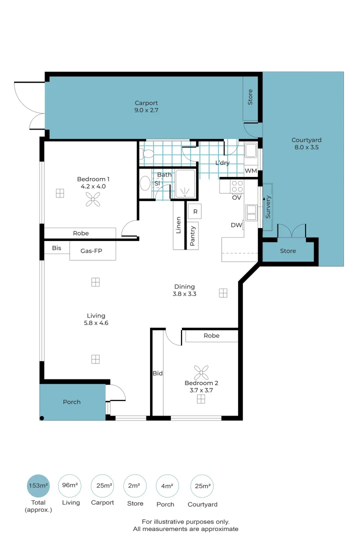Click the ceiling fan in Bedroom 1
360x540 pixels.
(92, 201)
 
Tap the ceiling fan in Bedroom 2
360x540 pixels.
(201, 372)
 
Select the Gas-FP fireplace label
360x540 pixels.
(92, 251)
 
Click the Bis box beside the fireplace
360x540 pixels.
(56, 248)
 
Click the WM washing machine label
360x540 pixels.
(250, 171)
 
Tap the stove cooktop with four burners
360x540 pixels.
(236, 186)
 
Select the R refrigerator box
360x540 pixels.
(195, 211)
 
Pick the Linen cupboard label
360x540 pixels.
(178, 225)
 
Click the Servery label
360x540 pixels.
(268, 206)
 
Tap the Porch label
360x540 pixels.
(71, 402)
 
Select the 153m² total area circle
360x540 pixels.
(38, 485)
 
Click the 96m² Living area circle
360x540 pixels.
(70, 485)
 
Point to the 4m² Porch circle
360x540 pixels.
(167, 485)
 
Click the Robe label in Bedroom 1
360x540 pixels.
(81, 233)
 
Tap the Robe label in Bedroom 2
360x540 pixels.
(211, 335)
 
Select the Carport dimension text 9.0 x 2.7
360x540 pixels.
(146, 110)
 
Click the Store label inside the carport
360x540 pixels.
(250, 97)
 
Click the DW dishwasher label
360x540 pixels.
(236, 225)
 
